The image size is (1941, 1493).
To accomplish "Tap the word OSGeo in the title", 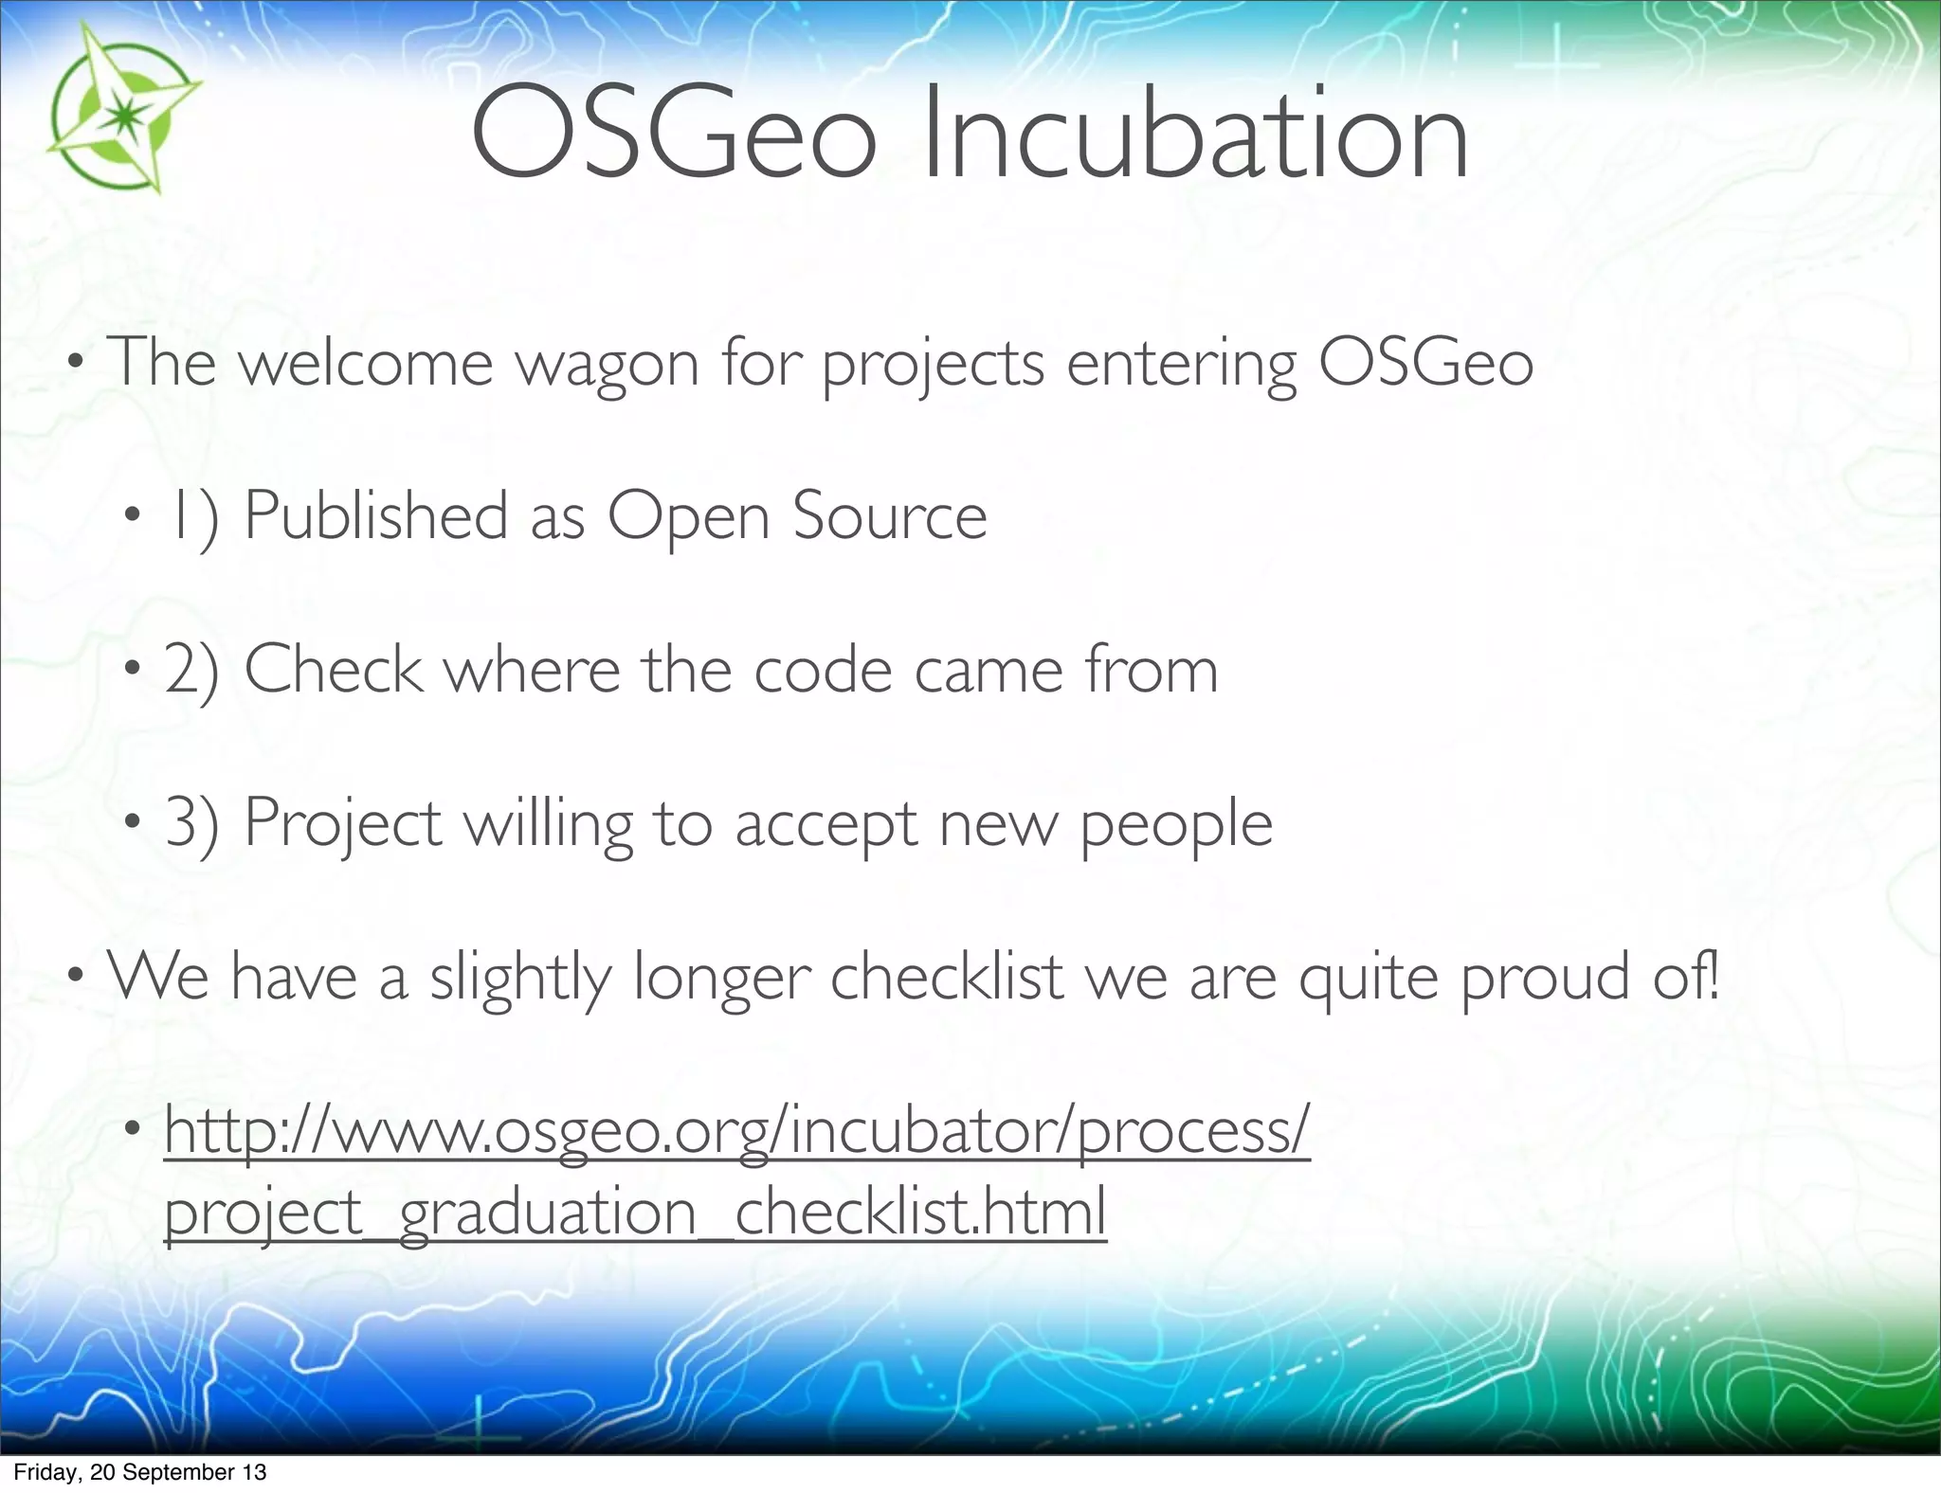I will (673, 135).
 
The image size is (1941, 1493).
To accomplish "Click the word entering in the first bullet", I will (1180, 365).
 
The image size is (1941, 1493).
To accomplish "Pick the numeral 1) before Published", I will (192, 517).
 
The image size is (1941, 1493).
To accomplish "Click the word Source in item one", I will (889, 517).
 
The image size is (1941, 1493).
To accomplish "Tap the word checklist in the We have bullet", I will (946, 977).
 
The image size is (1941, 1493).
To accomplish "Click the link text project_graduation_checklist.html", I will (635, 1214).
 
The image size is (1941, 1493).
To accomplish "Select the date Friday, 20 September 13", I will (139, 1472).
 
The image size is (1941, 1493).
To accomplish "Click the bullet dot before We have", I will (75, 977).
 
